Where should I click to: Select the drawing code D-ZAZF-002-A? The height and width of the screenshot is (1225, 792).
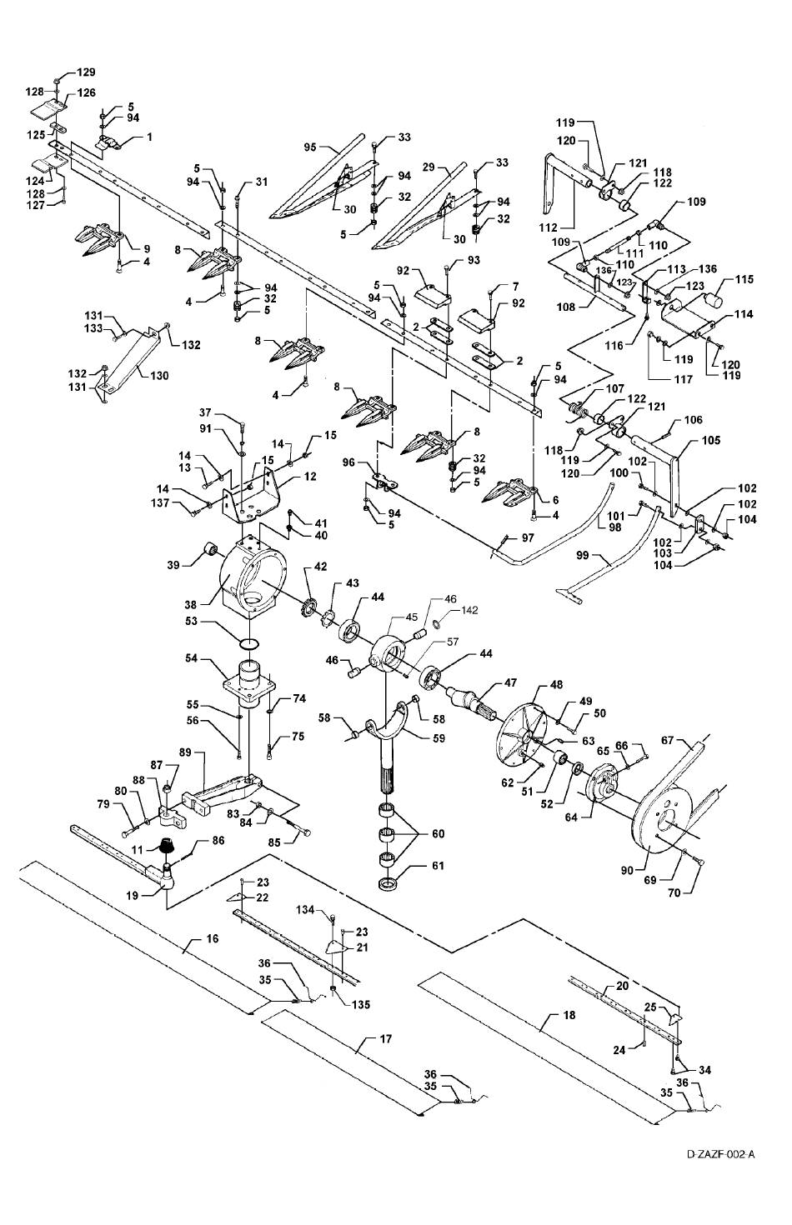coord(721,1154)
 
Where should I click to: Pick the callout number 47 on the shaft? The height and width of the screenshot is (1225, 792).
coord(509,682)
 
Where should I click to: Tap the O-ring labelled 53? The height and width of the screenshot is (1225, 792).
coord(249,643)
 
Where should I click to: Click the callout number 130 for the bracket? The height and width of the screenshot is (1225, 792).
coord(159,375)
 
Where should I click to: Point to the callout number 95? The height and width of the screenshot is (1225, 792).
coord(310,147)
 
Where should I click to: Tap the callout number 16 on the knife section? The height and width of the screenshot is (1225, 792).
coord(213,938)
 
